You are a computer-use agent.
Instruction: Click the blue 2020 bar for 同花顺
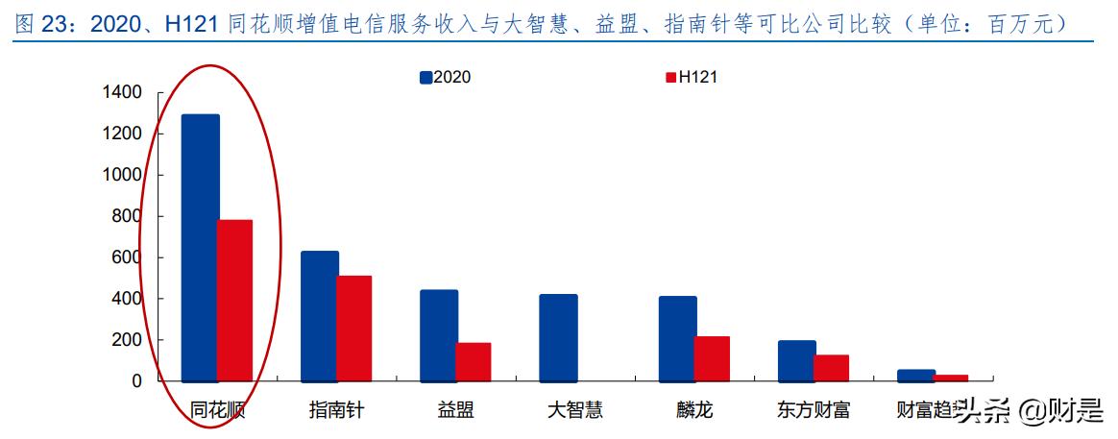pos(200,248)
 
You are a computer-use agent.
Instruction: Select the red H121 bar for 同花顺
pos(235,301)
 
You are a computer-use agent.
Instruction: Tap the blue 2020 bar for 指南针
pos(320,316)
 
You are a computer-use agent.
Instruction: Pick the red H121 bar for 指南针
pos(354,329)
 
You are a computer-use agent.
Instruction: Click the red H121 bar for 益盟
pos(474,361)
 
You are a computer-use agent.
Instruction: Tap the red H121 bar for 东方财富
pos(831,368)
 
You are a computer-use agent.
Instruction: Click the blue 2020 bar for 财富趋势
pos(916,375)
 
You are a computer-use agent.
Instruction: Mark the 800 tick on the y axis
pos(126,216)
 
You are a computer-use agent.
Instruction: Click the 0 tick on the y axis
pos(136,381)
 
